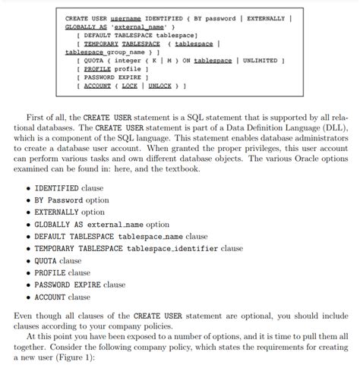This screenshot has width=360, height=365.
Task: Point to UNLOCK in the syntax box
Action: (x=161, y=87)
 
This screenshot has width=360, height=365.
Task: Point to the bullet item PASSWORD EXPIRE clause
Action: (x=81, y=285)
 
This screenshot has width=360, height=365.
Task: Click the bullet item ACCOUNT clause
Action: (x=62, y=297)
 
